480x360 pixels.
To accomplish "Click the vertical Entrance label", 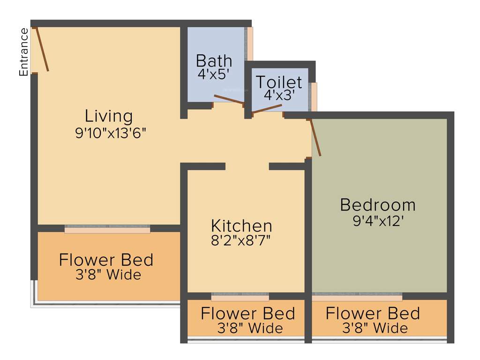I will coord(24,52).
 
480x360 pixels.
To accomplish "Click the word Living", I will coord(108,116).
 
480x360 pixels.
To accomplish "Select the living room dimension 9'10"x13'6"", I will coord(111,133).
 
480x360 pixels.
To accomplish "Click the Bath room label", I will coord(214,60).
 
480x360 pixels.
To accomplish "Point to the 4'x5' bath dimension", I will coord(214,75).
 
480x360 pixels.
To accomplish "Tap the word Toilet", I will coord(278,82).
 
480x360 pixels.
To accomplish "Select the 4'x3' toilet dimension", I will coord(278,96).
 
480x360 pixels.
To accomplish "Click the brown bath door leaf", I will coord(228,99).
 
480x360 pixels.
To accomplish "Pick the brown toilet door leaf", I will coord(267,109).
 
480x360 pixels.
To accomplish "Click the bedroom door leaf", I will coord(315,137).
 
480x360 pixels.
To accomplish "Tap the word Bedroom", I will coord(377,205).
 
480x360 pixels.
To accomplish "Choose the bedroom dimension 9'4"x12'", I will coord(378,221).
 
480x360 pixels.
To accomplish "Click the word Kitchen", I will coord(241,225).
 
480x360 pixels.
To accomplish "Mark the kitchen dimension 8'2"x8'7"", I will coord(241,241).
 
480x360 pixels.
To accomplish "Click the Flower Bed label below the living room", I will coord(106,260).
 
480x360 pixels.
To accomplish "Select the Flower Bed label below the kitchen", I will coord(247,313).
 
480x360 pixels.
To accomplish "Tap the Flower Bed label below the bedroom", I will coord(373,313).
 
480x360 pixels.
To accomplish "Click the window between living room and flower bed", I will coord(107,229).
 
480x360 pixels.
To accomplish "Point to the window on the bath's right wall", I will coord(250,44).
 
